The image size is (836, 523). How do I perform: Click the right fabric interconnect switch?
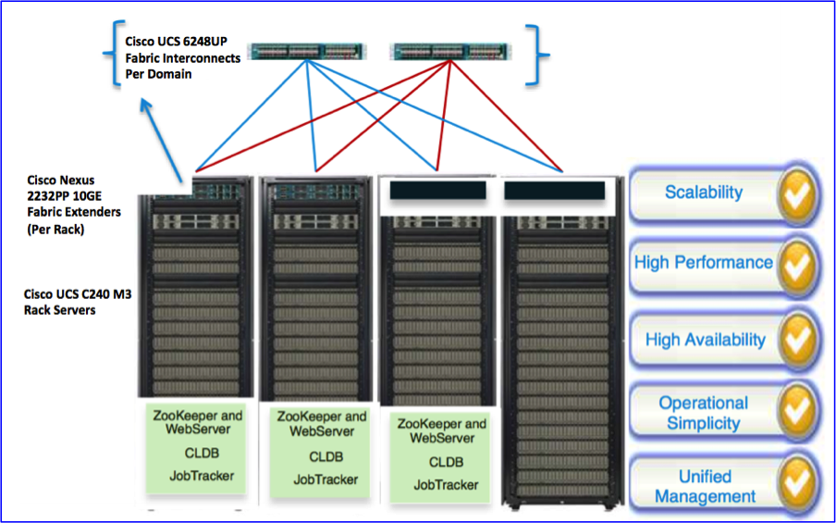click(x=446, y=51)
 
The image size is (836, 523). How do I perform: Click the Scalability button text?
click(x=703, y=193)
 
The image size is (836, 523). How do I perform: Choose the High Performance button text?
click(x=703, y=262)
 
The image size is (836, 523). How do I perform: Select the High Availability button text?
click(x=705, y=340)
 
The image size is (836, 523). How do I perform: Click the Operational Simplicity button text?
click(x=703, y=413)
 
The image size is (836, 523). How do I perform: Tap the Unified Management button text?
click(x=705, y=486)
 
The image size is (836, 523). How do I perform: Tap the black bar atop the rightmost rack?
click(x=554, y=191)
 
